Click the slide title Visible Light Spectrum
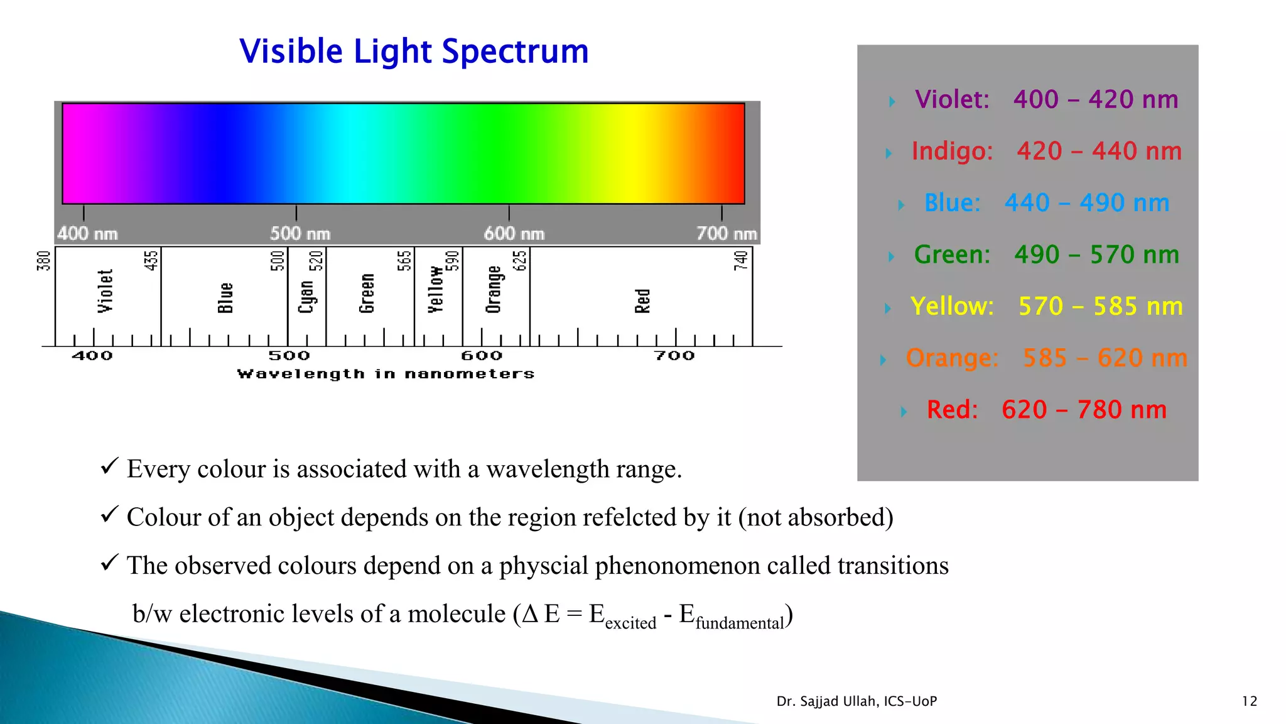point(414,52)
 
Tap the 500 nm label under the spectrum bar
point(300,234)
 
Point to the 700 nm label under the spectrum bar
point(727,234)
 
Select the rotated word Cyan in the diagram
point(306,297)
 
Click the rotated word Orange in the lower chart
point(494,289)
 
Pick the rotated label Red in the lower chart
point(642,301)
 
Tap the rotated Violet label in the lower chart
point(105,291)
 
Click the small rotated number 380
point(43,261)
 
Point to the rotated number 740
point(741,260)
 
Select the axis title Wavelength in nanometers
point(386,374)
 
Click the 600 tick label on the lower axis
point(482,356)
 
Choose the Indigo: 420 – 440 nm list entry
point(1046,151)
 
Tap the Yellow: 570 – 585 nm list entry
point(1046,307)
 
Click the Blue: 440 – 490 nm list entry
point(1046,203)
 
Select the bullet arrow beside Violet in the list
point(892,101)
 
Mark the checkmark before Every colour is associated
point(109,466)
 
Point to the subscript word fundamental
point(740,623)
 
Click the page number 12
point(1250,701)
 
